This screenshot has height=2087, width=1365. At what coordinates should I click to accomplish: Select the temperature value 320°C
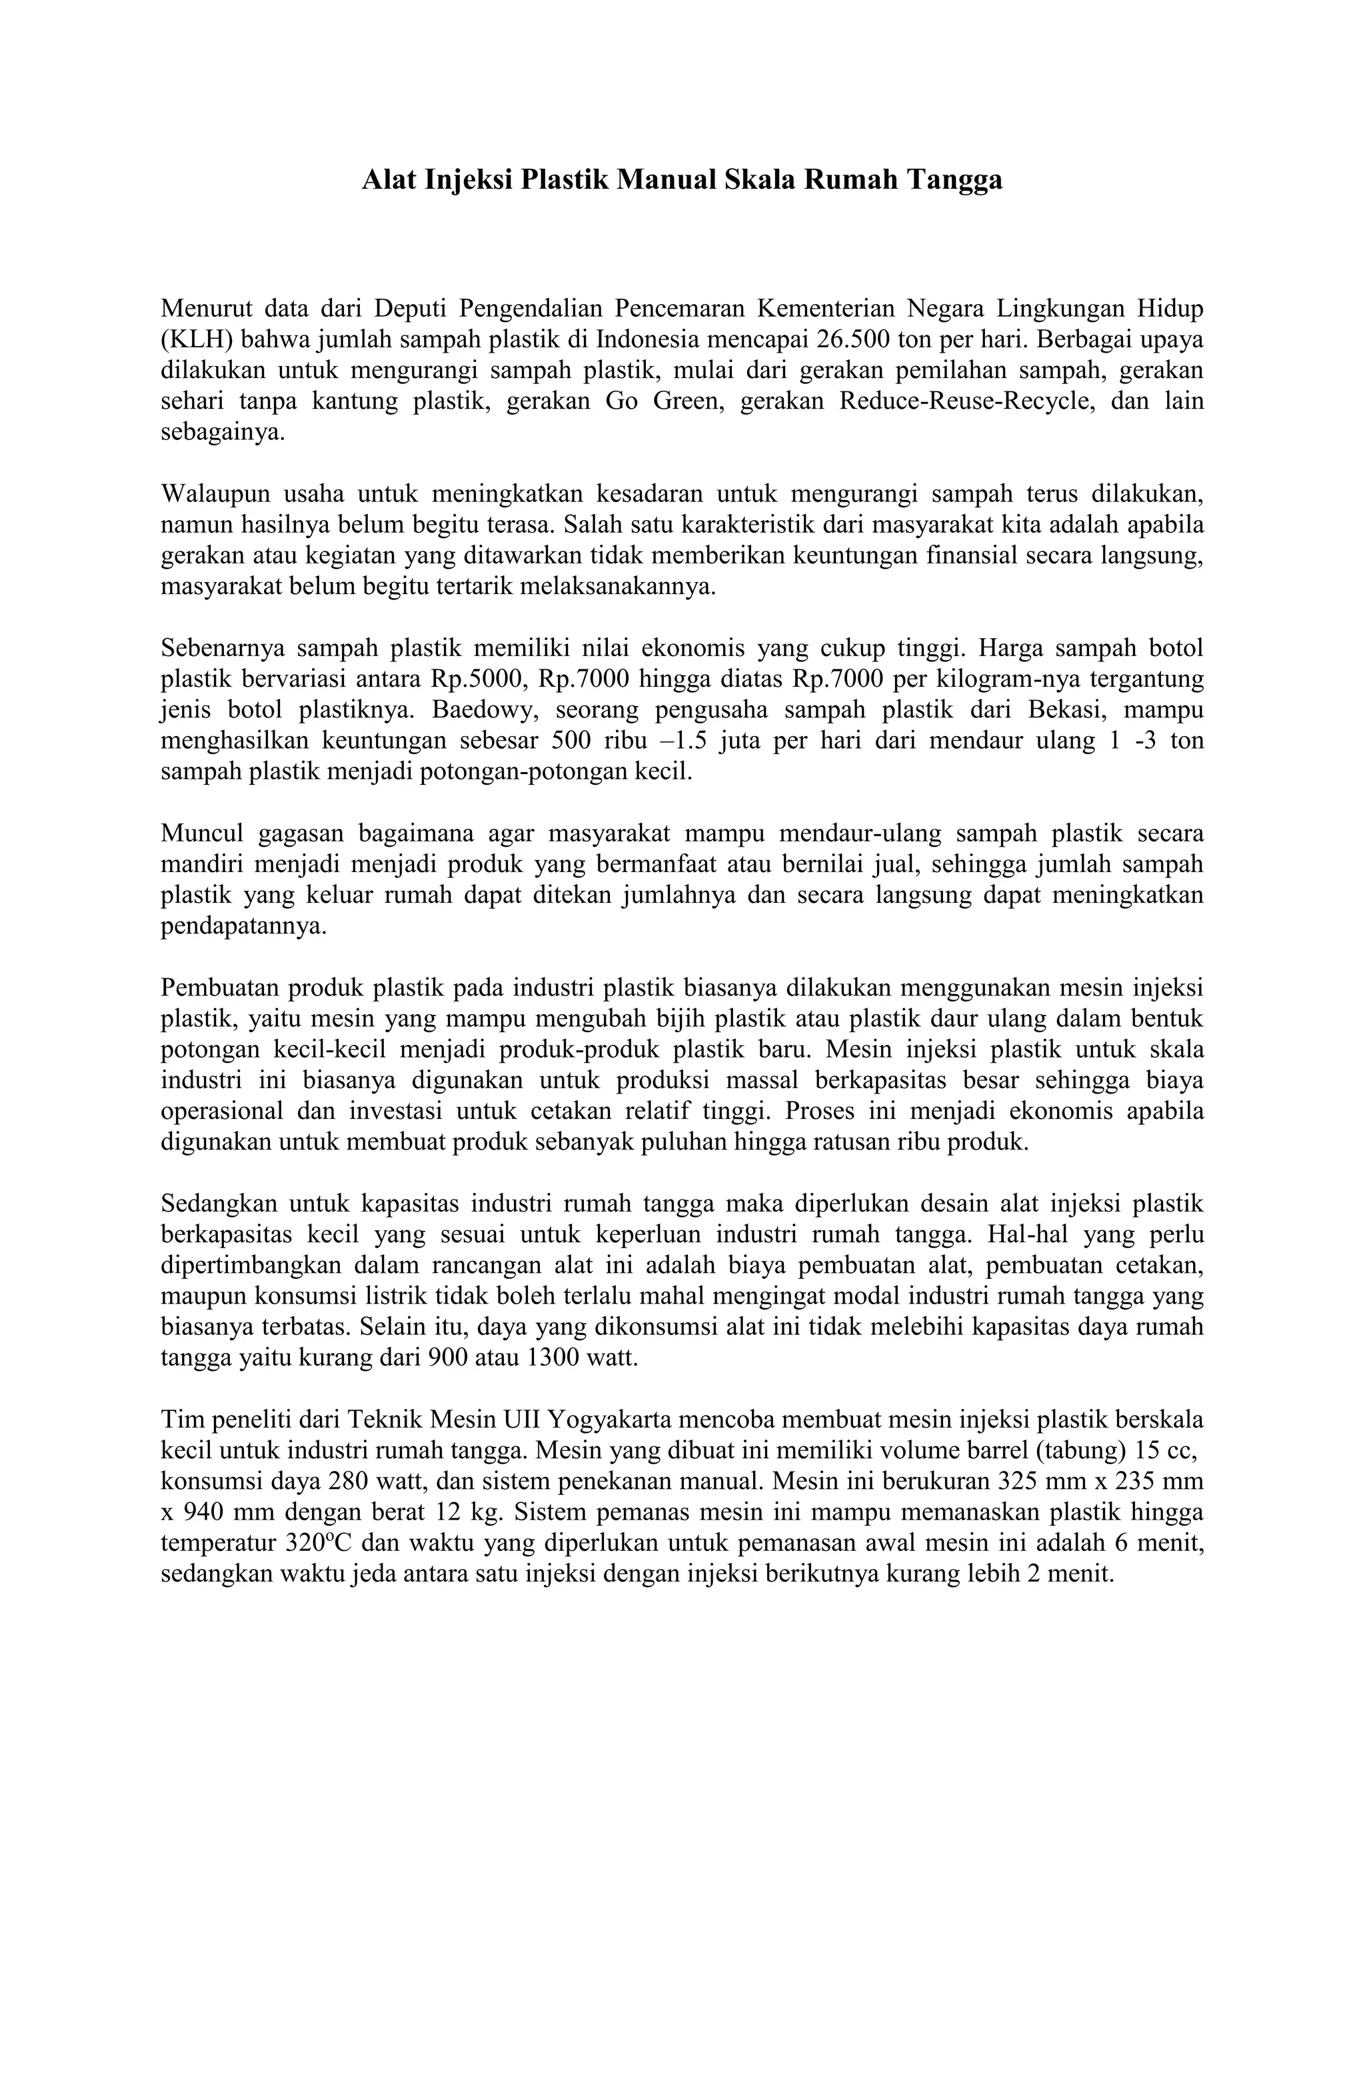click(x=320, y=1544)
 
